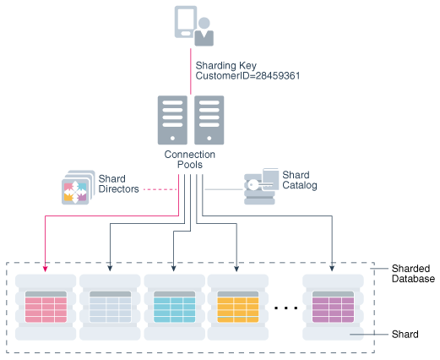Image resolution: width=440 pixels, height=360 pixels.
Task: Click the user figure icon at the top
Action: point(204,31)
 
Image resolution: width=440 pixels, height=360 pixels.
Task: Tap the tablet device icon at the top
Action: point(186,21)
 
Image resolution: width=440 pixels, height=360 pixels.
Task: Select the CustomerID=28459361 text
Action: point(247,76)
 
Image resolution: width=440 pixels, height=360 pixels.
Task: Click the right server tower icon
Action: point(209,119)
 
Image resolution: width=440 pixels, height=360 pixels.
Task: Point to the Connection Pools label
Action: point(190,161)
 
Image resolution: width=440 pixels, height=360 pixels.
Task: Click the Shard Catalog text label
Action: point(299,180)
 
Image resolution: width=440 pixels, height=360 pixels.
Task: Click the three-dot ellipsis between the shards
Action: point(286,308)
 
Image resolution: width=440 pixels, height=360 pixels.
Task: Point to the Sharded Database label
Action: point(413,272)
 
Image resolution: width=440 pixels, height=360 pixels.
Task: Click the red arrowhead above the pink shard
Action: point(46,269)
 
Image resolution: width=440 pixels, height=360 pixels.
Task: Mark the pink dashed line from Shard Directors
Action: point(157,190)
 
